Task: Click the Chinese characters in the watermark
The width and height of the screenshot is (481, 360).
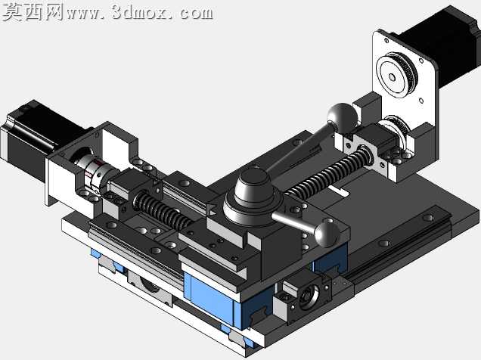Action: click(33, 12)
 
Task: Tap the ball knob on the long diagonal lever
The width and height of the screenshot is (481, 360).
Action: click(342, 118)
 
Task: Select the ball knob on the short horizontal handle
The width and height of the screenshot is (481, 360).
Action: click(327, 234)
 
